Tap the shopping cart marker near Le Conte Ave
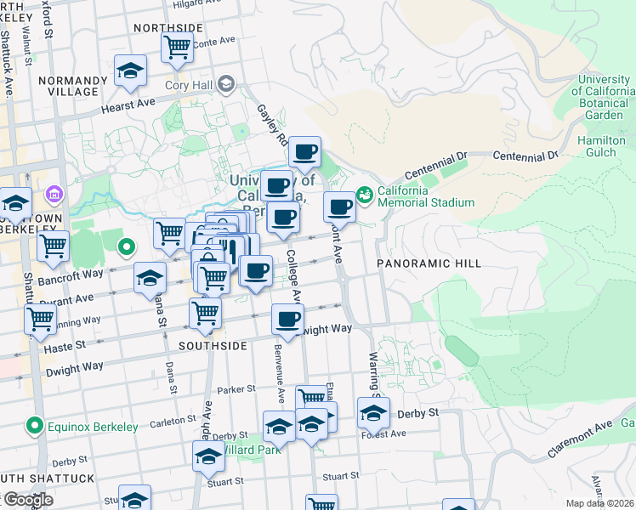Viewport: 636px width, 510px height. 177,48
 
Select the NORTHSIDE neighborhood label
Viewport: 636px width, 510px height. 168,28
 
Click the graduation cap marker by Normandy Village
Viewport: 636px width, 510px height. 130,71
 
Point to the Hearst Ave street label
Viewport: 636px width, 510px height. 128,103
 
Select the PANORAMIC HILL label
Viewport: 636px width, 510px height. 429,263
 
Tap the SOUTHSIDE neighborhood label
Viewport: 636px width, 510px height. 213,346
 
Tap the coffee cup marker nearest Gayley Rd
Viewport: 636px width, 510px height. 304,153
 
